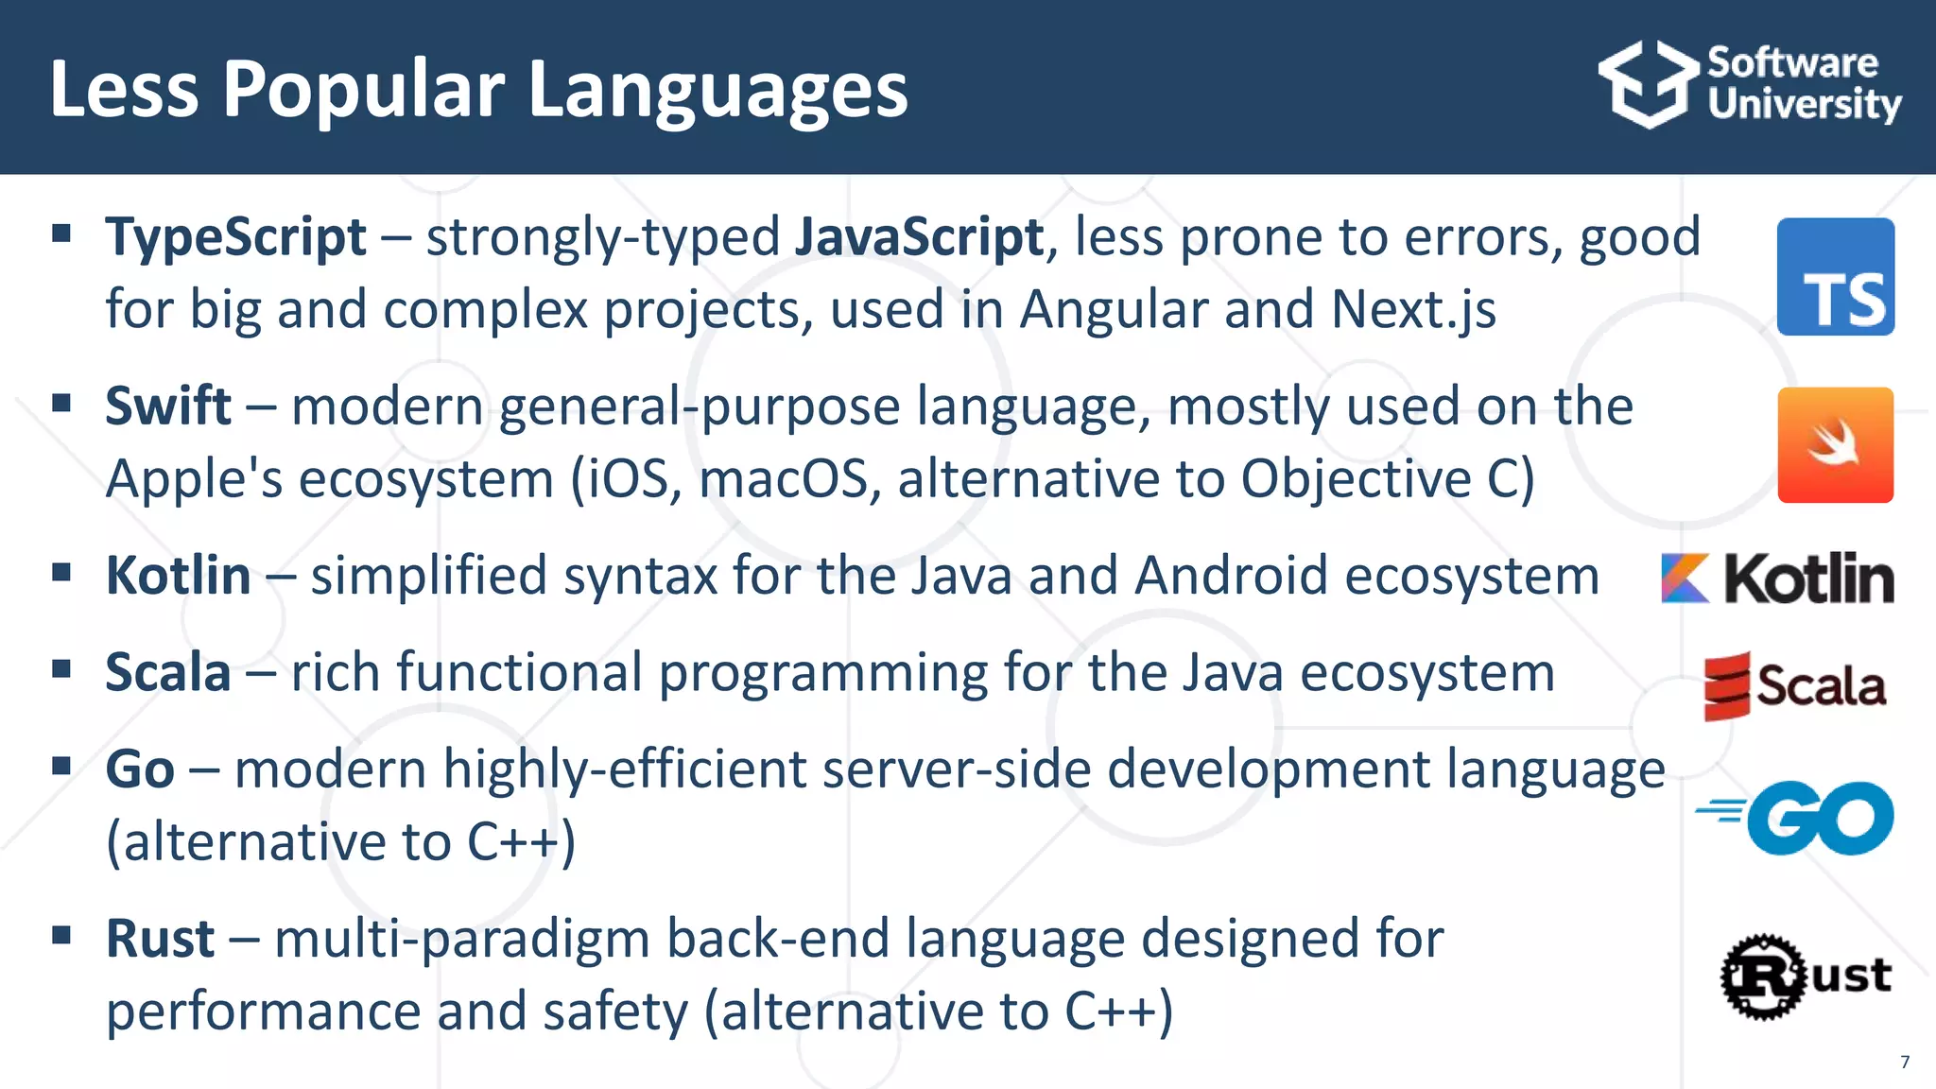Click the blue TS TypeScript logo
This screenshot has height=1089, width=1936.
(1835, 277)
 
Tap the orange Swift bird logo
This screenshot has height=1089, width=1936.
(1835, 445)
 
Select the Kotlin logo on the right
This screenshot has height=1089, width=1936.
(1777, 578)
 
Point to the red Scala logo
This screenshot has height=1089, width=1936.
(1793, 685)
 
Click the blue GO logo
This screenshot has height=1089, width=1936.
(1796, 818)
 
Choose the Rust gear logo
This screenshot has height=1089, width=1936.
(1805, 977)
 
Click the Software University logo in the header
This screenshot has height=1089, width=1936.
(1749, 84)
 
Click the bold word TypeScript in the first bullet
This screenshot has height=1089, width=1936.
(235, 236)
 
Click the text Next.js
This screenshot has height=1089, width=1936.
(1413, 309)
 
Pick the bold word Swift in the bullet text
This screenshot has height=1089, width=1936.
(168, 406)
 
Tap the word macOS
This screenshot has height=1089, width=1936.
(783, 478)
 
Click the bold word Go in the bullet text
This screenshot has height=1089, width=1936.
(140, 769)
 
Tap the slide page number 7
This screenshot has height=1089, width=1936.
(1905, 1062)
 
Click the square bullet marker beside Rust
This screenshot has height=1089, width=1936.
(62, 936)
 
